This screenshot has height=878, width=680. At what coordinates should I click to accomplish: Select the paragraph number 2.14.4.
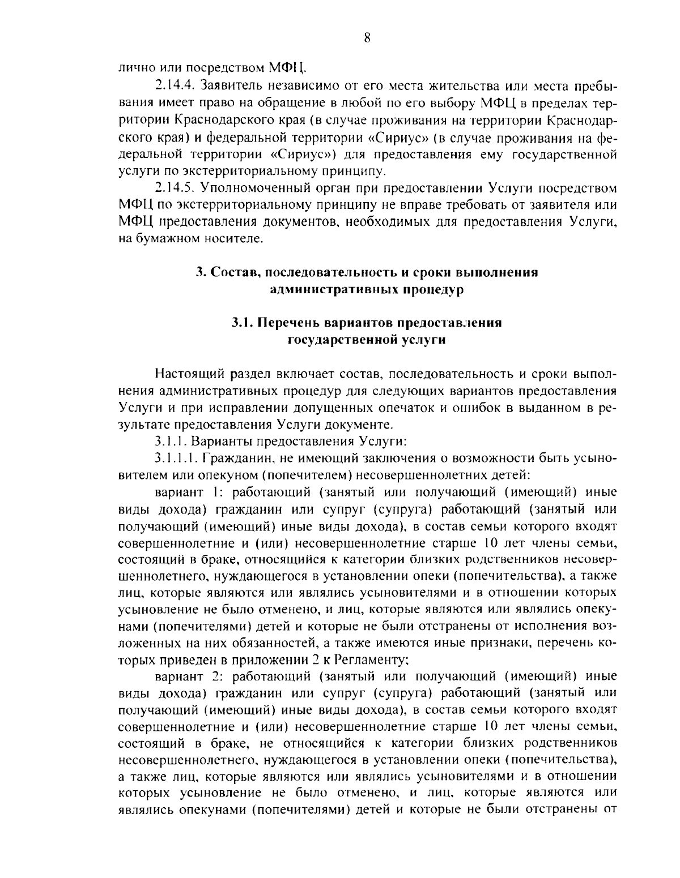tap(171, 87)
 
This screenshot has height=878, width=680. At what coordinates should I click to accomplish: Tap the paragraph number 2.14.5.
tap(171, 188)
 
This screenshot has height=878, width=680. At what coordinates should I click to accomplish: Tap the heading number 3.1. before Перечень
tap(243, 323)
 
